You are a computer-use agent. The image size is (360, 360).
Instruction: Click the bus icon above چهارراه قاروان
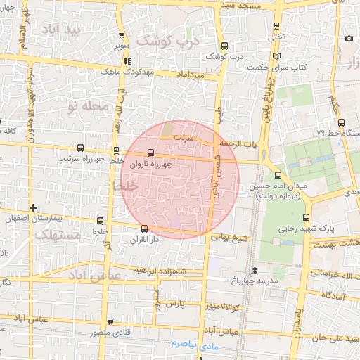coord(151,153)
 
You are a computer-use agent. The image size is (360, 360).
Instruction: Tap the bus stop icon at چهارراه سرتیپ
coord(80,148)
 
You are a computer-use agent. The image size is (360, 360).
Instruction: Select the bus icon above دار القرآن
coord(144,228)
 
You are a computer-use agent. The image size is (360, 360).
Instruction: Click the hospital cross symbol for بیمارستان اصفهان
coord(33,207)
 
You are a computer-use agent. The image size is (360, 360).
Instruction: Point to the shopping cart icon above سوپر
coord(123,36)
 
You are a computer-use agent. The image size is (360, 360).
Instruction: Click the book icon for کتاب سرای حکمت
coord(280,56)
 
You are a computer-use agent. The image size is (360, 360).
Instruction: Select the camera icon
coord(349,38)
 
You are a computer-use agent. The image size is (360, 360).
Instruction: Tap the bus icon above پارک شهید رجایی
coord(305,217)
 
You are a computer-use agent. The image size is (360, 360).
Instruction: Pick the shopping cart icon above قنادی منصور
coord(110,323)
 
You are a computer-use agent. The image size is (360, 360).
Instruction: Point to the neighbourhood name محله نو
coord(89,107)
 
